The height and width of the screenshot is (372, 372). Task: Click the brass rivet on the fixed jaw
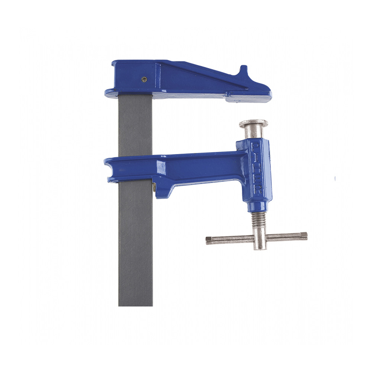(144, 79)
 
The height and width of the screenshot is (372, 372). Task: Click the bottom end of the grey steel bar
(135, 303)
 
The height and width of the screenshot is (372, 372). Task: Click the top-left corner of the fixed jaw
(113, 62)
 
